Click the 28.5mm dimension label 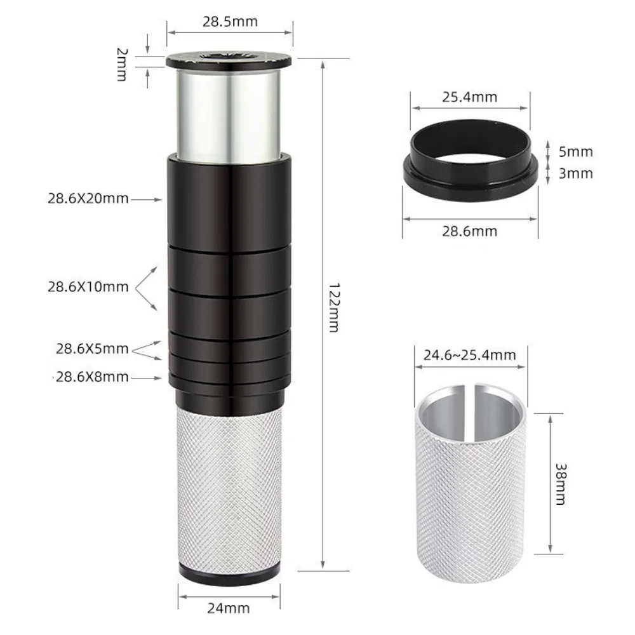coord(230,22)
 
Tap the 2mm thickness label coord(121,65)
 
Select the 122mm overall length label coord(333,308)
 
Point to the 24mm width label coord(229,608)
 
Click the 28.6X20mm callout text coord(88,198)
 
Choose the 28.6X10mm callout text coord(88,287)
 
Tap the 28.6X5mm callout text coord(92,349)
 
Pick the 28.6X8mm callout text coord(92,377)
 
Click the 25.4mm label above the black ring coord(469,97)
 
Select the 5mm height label coord(575,152)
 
